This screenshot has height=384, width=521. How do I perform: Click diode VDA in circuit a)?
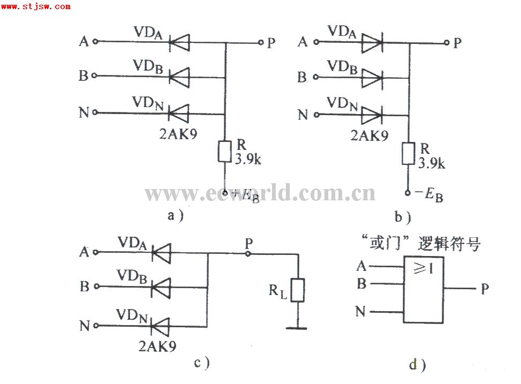(x=180, y=42)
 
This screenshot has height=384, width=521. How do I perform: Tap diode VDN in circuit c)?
(x=160, y=325)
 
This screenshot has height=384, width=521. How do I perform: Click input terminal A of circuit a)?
(x=95, y=41)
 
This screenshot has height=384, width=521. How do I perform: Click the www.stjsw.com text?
(x=35, y=6)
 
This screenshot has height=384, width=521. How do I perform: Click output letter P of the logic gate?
(x=485, y=289)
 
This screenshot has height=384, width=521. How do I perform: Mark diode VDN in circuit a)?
(x=180, y=113)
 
